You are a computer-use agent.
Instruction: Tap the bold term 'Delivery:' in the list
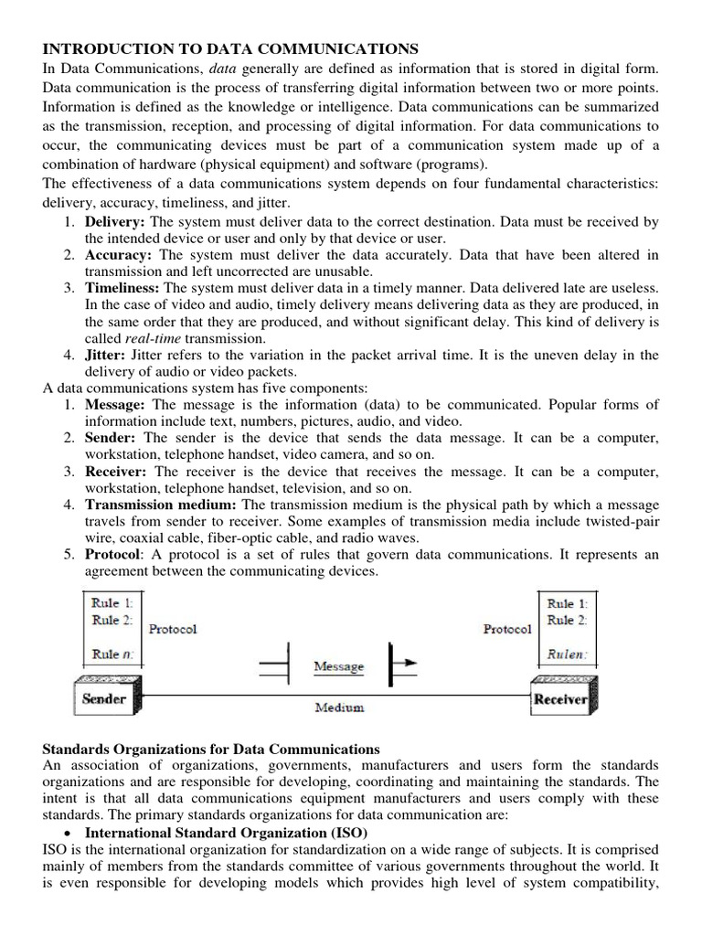tap(115, 222)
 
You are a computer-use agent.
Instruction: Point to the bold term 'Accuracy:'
tap(118, 254)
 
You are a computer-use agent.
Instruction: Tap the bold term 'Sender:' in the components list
tap(112, 438)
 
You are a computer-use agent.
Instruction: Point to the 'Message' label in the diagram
tap(338, 666)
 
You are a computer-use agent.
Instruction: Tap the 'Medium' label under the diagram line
tap(339, 707)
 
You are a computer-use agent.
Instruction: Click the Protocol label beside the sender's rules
tap(172, 629)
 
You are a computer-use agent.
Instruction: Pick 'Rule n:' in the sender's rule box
tap(112, 654)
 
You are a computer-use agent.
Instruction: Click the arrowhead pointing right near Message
tap(411, 661)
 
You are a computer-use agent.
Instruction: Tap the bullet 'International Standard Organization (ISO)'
tap(226, 833)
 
